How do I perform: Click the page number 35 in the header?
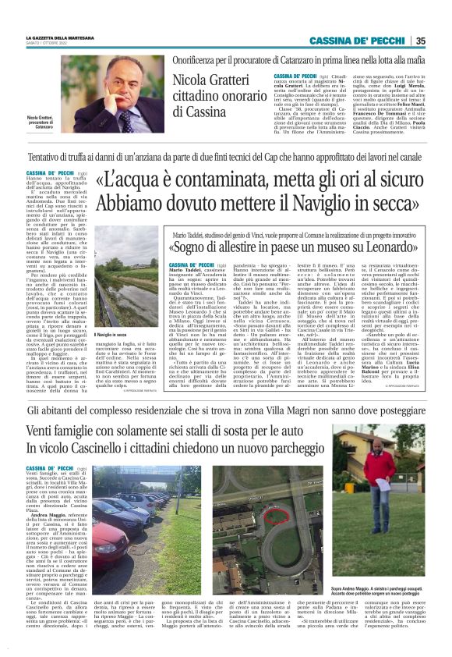442,41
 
